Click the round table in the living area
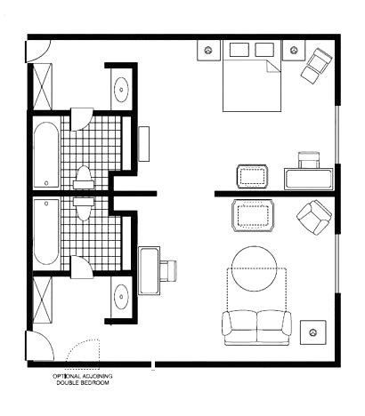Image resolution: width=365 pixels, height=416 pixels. [x=255, y=268]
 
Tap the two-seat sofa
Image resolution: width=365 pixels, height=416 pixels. [x=256, y=328]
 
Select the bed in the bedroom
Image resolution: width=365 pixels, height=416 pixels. [x=252, y=76]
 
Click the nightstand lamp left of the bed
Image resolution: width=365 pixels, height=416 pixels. [x=209, y=51]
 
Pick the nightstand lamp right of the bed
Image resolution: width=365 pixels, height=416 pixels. [x=294, y=50]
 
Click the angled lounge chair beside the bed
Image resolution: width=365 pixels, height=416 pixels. [x=316, y=66]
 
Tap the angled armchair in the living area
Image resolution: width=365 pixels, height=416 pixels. [x=314, y=217]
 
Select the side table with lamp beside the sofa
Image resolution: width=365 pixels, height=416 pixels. [x=312, y=332]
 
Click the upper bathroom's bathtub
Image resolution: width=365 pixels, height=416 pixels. [x=46, y=155]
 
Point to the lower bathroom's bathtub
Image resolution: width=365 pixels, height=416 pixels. [x=46, y=232]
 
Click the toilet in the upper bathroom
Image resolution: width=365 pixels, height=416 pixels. [x=84, y=178]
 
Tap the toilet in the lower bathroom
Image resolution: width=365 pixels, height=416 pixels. [x=84, y=210]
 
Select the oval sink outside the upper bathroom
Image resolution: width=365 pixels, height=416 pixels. [x=121, y=90]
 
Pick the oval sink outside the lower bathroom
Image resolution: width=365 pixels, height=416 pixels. [x=121, y=297]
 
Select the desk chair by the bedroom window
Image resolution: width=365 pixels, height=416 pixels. [x=309, y=160]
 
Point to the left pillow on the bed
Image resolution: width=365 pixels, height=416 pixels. [x=239, y=50]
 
